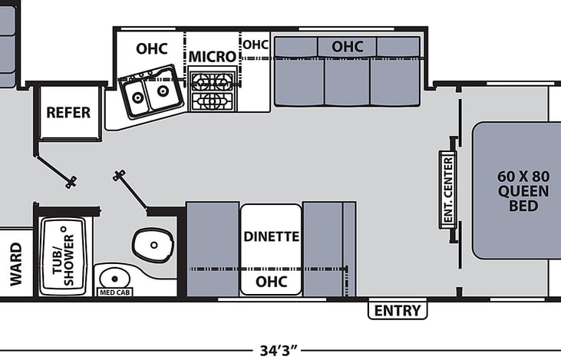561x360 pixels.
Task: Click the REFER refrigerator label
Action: (x=68, y=113)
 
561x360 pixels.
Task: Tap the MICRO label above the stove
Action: (x=213, y=57)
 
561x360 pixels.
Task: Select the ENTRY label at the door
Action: (x=398, y=311)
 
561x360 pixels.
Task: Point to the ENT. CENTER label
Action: (x=448, y=190)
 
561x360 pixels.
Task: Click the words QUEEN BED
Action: (x=523, y=199)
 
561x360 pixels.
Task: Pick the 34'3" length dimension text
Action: (x=279, y=350)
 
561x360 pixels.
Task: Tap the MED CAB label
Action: (x=115, y=292)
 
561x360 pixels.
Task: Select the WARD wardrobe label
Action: (x=16, y=264)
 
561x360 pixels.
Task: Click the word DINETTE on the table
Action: (x=271, y=236)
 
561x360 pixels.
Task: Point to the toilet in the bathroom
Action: (x=153, y=245)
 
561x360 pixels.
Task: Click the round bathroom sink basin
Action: (x=114, y=279)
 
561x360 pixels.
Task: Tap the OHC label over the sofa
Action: (x=348, y=47)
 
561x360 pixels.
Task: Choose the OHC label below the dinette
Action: (x=271, y=282)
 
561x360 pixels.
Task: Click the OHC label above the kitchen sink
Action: (x=152, y=48)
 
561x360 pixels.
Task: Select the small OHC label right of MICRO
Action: (x=256, y=45)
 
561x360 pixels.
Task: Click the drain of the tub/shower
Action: (x=64, y=229)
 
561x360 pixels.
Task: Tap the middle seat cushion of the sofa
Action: (x=347, y=82)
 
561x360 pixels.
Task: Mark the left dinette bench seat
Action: (x=213, y=249)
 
